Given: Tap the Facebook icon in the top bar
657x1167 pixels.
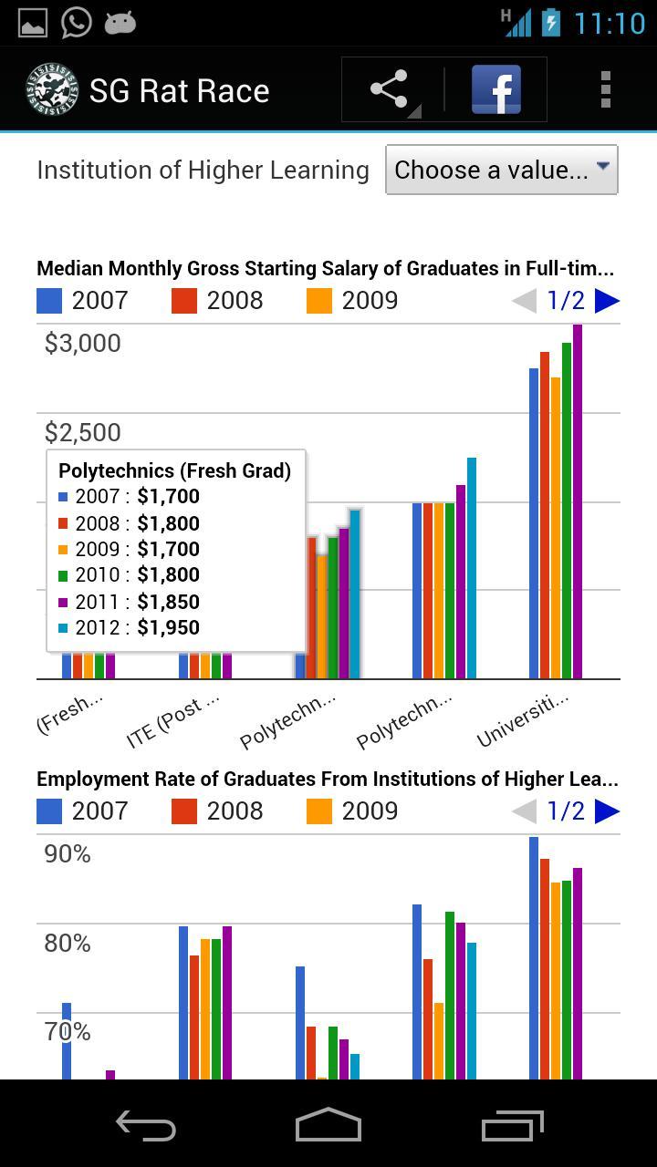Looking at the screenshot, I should (496, 89).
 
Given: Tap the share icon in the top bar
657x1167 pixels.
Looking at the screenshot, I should (390, 89).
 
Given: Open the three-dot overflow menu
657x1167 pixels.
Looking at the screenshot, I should (605, 89).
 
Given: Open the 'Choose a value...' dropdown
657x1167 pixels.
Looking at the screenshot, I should (501, 170).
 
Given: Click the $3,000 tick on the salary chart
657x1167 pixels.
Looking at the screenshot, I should (83, 344).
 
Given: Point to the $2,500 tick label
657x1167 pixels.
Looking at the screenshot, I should (83, 432).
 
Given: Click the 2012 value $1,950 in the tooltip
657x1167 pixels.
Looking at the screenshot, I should (168, 627).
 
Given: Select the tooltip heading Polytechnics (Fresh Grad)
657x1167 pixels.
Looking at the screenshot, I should (174, 470).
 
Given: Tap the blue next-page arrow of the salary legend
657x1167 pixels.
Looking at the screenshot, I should (607, 301).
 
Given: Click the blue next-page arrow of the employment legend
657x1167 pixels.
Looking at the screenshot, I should (607, 811).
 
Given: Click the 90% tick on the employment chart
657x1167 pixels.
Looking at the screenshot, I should (68, 854).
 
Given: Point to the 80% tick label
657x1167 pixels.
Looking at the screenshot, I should (68, 943).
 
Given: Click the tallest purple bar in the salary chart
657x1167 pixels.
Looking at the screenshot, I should (578, 501).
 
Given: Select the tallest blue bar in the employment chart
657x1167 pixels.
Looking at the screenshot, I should (534, 957).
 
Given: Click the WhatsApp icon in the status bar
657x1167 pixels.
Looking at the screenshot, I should (77, 22).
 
